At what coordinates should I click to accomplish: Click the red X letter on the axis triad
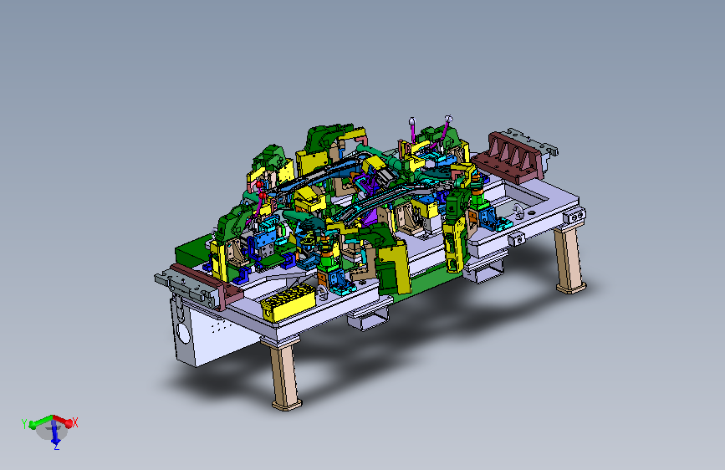[x=75, y=422]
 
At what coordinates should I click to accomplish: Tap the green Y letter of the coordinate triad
[x=24, y=424]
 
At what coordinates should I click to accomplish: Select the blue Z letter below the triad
[x=56, y=447]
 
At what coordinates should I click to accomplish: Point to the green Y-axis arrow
[x=41, y=421]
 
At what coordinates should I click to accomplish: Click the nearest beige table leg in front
[x=285, y=374]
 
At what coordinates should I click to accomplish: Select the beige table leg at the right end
[x=569, y=259]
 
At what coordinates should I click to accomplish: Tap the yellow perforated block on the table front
[x=288, y=302]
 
